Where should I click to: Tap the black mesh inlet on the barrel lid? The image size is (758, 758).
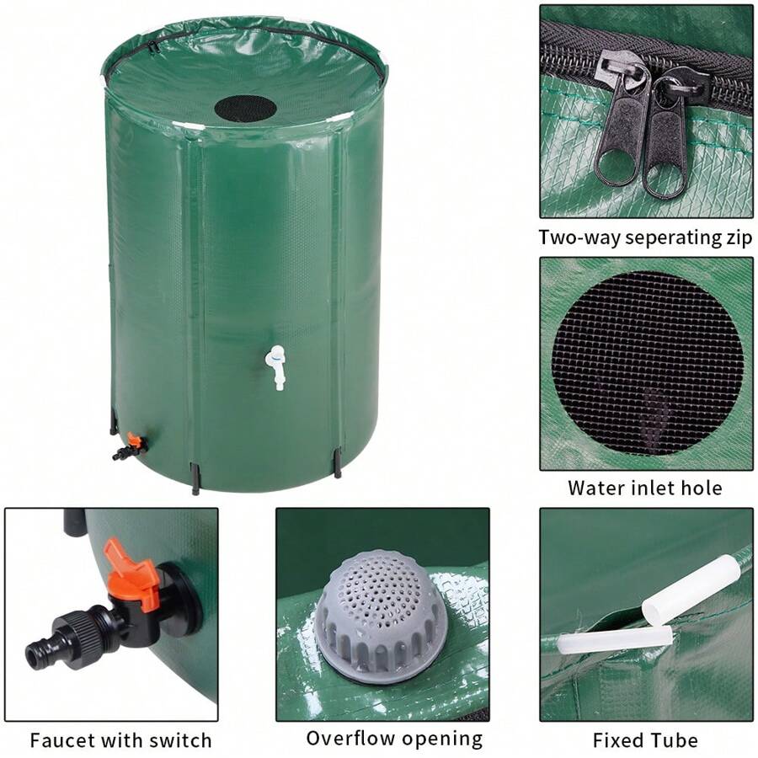245,108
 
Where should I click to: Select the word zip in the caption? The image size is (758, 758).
735,238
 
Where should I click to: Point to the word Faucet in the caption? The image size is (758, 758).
64,741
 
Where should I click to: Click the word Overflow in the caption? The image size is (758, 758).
350,739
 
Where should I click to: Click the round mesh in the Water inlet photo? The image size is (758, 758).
647,362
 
